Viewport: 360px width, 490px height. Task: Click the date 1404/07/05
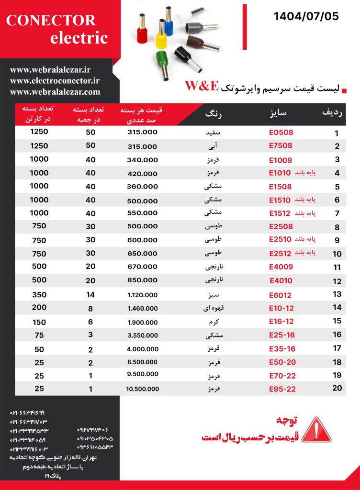click(x=306, y=17)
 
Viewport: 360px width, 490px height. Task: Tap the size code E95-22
click(x=282, y=389)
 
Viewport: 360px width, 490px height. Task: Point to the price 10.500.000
click(x=143, y=389)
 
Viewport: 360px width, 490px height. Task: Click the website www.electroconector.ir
click(x=55, y=81)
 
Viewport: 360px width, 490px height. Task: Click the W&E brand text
click(x=202, y=86)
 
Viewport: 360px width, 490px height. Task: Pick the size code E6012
click(x=280, y=295)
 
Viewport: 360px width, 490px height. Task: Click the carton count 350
click(x=39, y=295)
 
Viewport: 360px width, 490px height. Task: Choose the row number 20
click(x=337, y=388)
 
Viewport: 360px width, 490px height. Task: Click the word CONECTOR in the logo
click(x=51, y=20)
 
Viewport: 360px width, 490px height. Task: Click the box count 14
click(x=90, y=295)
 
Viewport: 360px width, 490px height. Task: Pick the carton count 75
click(x=39, y=335)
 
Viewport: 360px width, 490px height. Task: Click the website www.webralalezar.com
click(x=55, y=92)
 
